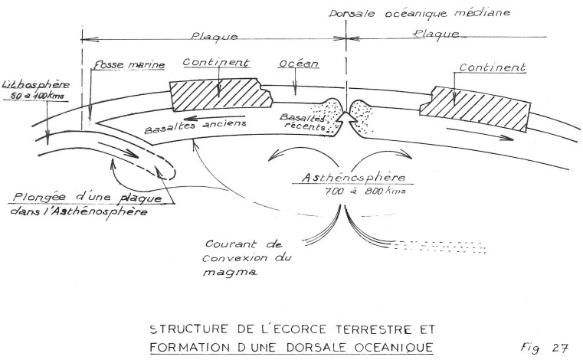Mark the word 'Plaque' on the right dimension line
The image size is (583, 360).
click(438, 34)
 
